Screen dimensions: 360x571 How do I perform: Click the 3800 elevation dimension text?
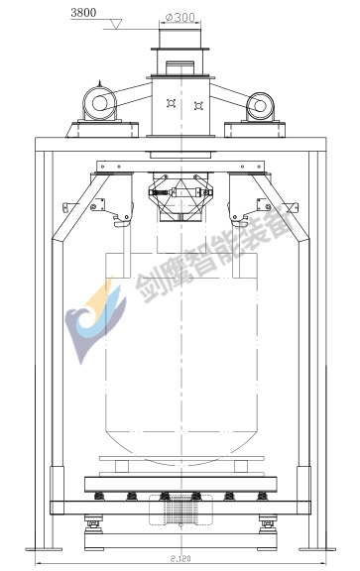click(83, 13)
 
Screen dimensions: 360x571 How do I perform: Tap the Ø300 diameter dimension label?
click(180, 17)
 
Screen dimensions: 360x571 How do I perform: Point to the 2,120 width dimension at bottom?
click(180, 558)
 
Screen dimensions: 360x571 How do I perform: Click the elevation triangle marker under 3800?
click(116, 25)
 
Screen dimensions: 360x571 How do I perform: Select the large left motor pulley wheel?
click(99, 103)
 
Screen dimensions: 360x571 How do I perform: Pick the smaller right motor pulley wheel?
click(260, 106)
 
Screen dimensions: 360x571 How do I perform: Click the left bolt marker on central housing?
click(171, 103)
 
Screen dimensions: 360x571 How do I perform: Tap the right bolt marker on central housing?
click(198, 106)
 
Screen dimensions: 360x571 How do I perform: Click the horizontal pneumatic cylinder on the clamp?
click(180, 192)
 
